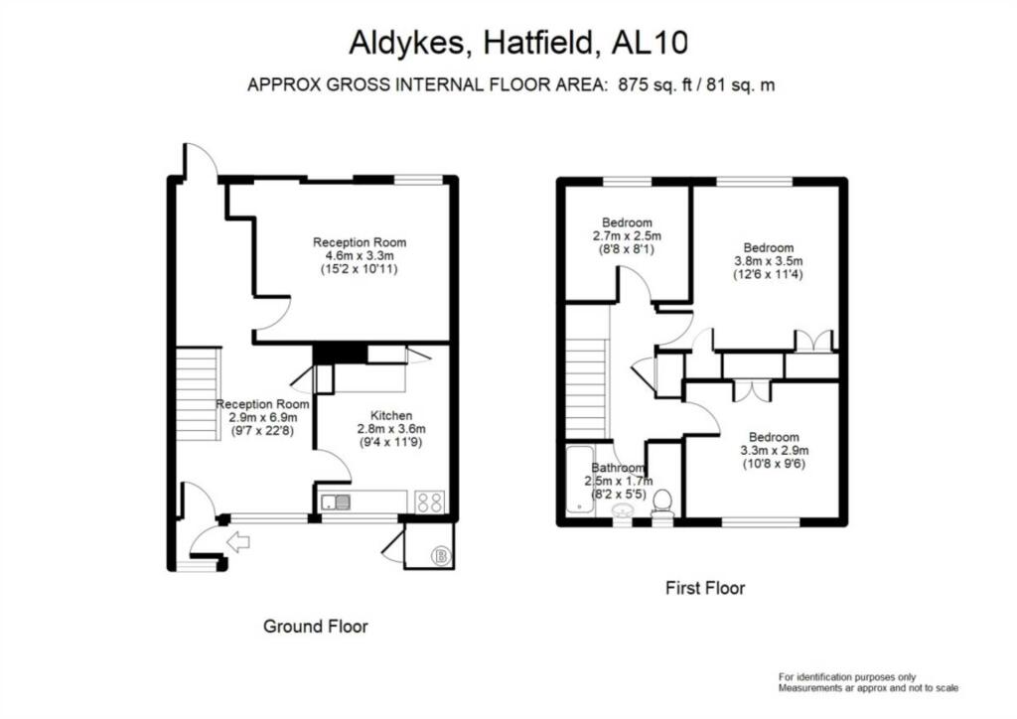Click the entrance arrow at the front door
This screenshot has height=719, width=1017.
(238, 542)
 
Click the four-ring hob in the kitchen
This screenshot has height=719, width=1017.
(430, 503)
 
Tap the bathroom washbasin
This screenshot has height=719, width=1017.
(624, 510)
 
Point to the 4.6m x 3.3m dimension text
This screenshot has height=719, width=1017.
(360, 256)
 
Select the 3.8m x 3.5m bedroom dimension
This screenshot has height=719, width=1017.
(768, 261)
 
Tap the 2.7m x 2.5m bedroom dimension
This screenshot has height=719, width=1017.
(626, 236)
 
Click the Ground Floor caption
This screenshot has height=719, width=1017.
(315, 627)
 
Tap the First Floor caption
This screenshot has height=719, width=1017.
(704, 588)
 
